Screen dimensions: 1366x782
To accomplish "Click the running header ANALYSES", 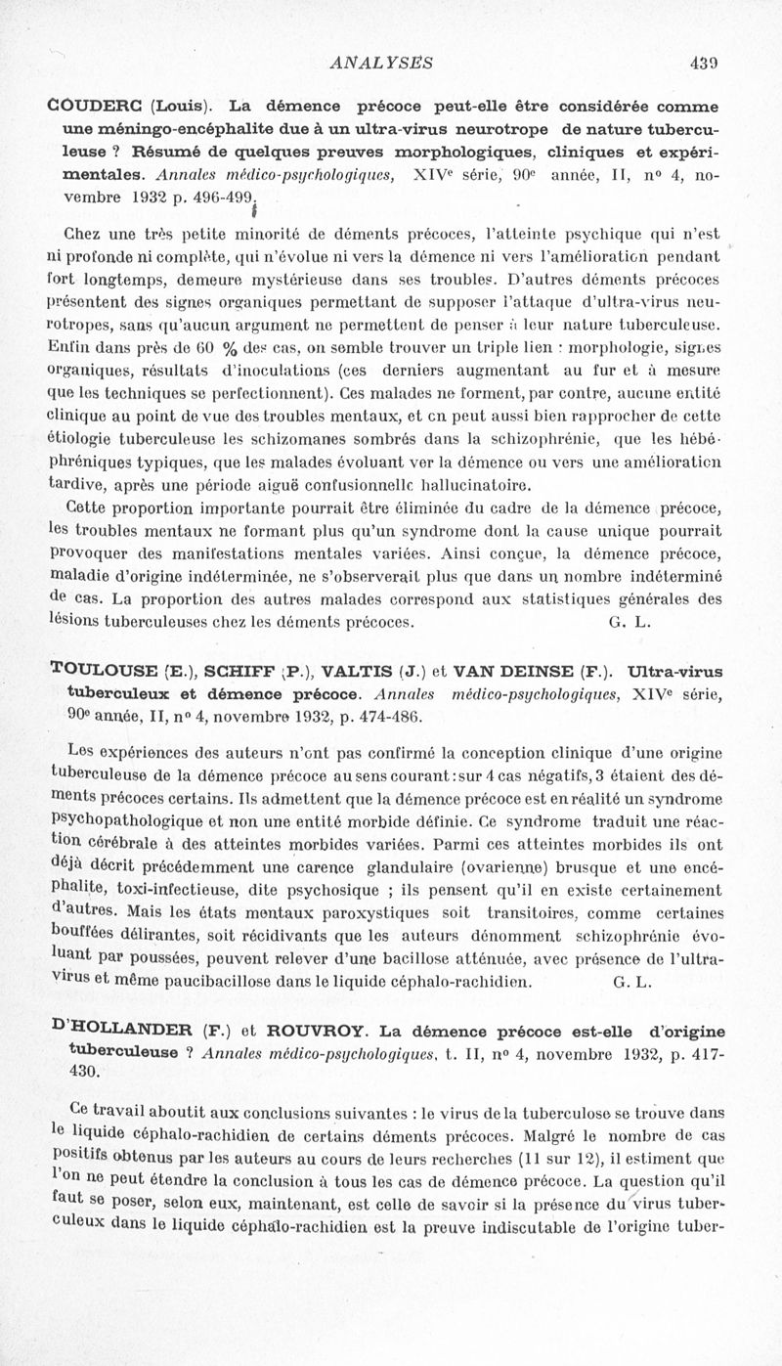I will [x=382, y=64].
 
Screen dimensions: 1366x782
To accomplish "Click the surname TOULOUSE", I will [x=104, y=672].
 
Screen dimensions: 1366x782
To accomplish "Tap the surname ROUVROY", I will [x=318, y=1033].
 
